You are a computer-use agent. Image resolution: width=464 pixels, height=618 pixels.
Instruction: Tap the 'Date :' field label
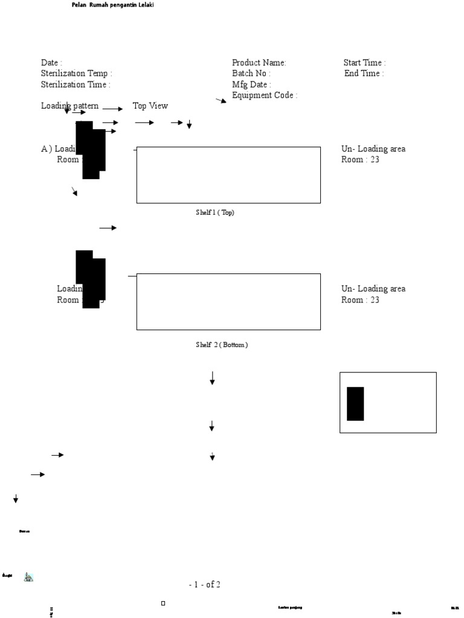[51, 63]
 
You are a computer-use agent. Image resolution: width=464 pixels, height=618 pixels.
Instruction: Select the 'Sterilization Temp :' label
[77, 74]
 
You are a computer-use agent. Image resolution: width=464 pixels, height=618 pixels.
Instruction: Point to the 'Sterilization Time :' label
[76, 85]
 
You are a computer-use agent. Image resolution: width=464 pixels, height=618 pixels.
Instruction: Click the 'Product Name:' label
[259, 63]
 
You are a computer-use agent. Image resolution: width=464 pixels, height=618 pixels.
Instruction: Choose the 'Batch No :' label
[251, 74]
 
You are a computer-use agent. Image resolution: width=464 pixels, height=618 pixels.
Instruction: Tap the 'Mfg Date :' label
[251, 85]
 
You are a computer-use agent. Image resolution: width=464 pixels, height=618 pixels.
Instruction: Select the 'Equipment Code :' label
[265, 95]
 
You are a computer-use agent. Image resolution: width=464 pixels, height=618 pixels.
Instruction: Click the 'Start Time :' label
[365, 63]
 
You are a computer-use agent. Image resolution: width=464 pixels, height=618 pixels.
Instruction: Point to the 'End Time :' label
[364, 74]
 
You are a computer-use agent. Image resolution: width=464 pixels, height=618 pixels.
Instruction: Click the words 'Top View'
[150, 106]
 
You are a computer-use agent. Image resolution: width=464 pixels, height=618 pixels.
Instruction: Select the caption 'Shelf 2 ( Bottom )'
[222, 345]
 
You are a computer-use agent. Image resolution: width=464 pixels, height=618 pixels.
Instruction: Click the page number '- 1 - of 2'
[204, 584]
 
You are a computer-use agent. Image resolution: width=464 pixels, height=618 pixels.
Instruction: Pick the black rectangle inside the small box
[355, 404]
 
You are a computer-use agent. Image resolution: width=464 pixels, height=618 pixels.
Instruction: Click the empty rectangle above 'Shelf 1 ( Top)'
[228, 175]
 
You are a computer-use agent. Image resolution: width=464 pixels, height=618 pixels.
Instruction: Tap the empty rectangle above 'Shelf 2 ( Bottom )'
[228, 302]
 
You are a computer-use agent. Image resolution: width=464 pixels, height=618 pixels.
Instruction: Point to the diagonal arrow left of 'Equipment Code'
[221, 101]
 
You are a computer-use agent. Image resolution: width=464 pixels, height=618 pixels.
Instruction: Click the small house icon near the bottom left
[28, 577]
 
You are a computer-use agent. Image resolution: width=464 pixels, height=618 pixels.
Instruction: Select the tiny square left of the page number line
[163, 603]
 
